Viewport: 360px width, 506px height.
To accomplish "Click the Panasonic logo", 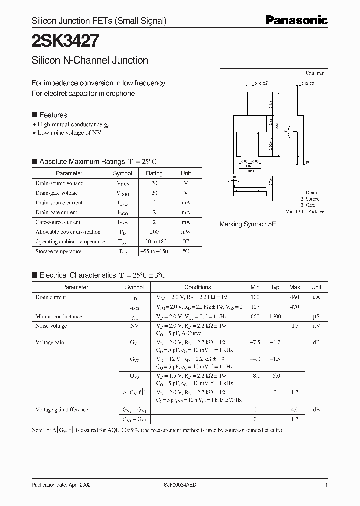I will tap(296, 20).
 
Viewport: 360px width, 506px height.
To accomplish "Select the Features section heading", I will tap(53, 115).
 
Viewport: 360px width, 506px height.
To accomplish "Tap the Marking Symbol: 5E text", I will tap(247, 225).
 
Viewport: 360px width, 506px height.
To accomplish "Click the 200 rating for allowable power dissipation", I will tap(154, 232).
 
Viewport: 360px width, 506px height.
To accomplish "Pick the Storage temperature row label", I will tap(58, 251).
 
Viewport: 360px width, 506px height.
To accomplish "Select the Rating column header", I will tap(154, 173).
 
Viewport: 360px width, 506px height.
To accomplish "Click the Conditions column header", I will tap(198, 287).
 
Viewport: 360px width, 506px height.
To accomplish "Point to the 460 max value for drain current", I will tap(294, 297).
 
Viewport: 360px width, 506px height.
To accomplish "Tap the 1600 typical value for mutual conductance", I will tap(274, 317).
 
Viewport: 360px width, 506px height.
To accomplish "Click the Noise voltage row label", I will tap(51, 326).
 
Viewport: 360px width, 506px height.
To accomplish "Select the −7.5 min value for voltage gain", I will tap(256, 343).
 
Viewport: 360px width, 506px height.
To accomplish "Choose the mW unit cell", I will tap(186, 232).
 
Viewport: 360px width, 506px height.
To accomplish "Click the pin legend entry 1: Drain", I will tap(308, 193).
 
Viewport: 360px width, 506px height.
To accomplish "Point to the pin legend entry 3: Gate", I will tap(308, 205).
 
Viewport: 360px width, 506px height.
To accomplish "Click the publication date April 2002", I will tap(61, 485).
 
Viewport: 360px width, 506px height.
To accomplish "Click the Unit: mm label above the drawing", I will tap(315, 73).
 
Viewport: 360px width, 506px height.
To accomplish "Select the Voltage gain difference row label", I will tap(62, 410).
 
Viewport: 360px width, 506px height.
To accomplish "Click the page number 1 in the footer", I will tap(326, 485).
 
